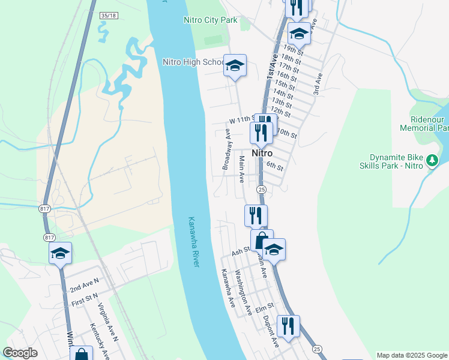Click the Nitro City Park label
(x=209, y=20)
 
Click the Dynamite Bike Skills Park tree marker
(x=432, y=160)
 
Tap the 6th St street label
(x=274, y=166)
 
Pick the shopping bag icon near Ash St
(x=262, y=241)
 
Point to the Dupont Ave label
(x=271, y=331)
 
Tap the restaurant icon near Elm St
(x=288, y=326)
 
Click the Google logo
(x=20, y=353)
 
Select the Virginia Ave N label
(x=109, y=322)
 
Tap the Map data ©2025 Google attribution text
(x=412, y=355)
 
